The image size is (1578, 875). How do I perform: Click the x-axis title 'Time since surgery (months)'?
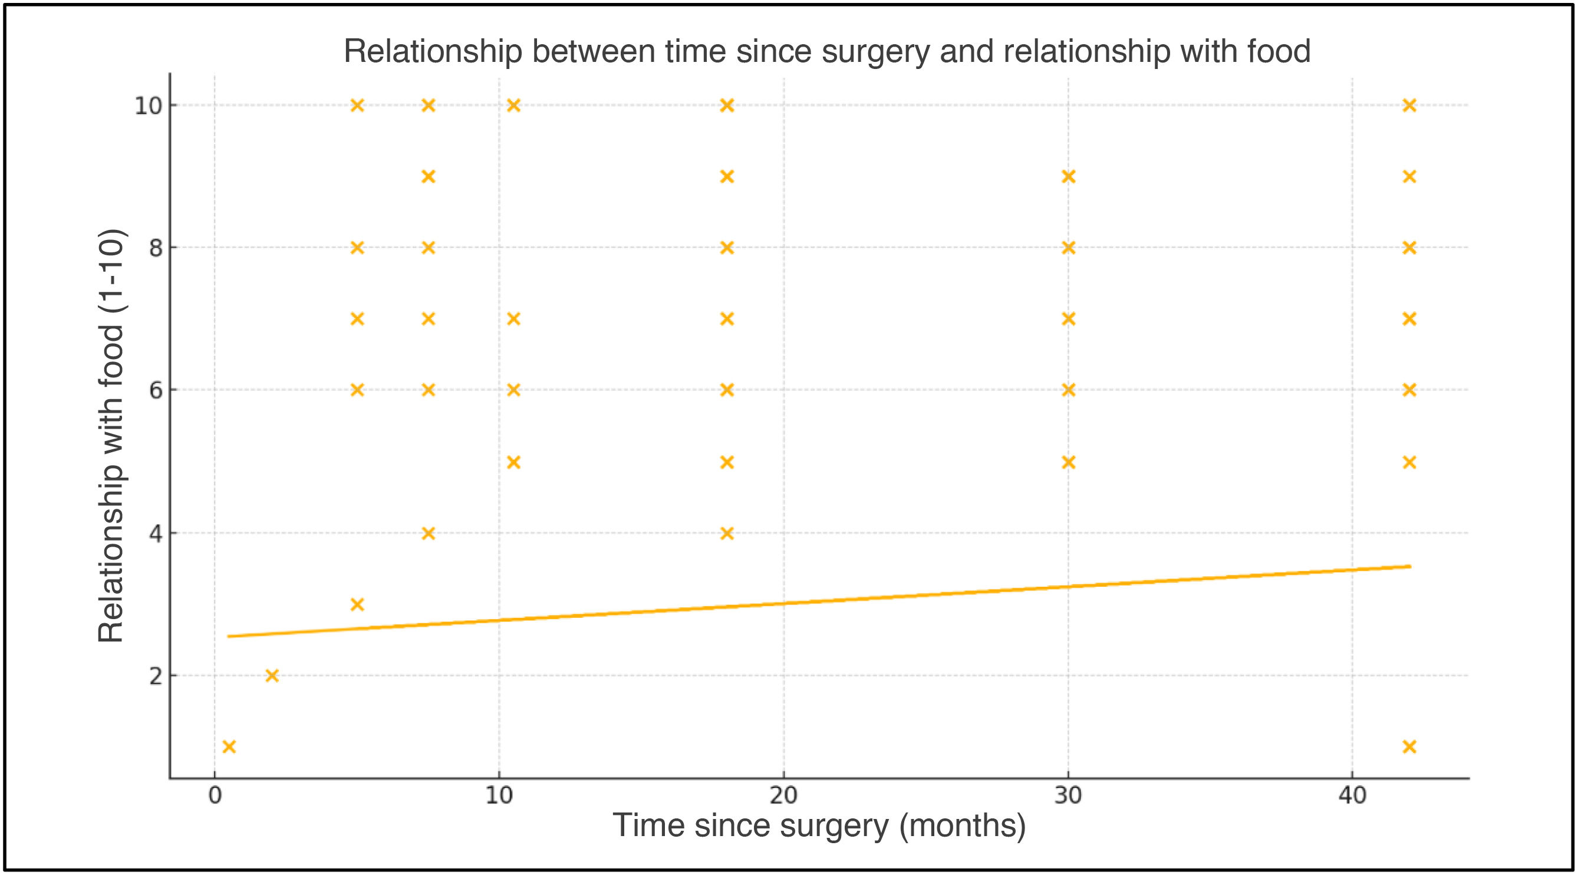click(819, 825)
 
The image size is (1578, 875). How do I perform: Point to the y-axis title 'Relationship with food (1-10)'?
click(111, 435)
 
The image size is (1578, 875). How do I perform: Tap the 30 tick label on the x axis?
click(1068, 795)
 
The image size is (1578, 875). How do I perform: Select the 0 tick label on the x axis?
click(215, 795)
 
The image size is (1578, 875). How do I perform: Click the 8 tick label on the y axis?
click(156, 248)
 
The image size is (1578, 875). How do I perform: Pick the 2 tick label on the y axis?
click(156, 676)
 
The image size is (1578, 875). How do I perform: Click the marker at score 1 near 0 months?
click(229, 747)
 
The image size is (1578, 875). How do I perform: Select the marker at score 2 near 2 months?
click(272, 676)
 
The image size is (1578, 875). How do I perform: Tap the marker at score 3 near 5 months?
click(357, 605)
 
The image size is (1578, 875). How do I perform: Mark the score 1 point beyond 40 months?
click(1409, 747)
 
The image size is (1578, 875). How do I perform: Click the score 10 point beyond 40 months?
click(1409, 106)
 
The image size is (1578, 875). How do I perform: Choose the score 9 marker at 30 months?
click(1068, 176)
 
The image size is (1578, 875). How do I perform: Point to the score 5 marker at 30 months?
click(1068, 462)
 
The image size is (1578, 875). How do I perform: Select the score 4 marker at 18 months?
click(727, 534)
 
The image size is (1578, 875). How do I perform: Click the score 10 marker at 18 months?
click(727, 106)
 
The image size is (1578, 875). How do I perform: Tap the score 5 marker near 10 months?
click(514, 462)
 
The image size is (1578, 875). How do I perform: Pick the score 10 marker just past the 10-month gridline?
click(514, 106)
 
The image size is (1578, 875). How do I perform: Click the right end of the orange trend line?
click(1411, 566)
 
